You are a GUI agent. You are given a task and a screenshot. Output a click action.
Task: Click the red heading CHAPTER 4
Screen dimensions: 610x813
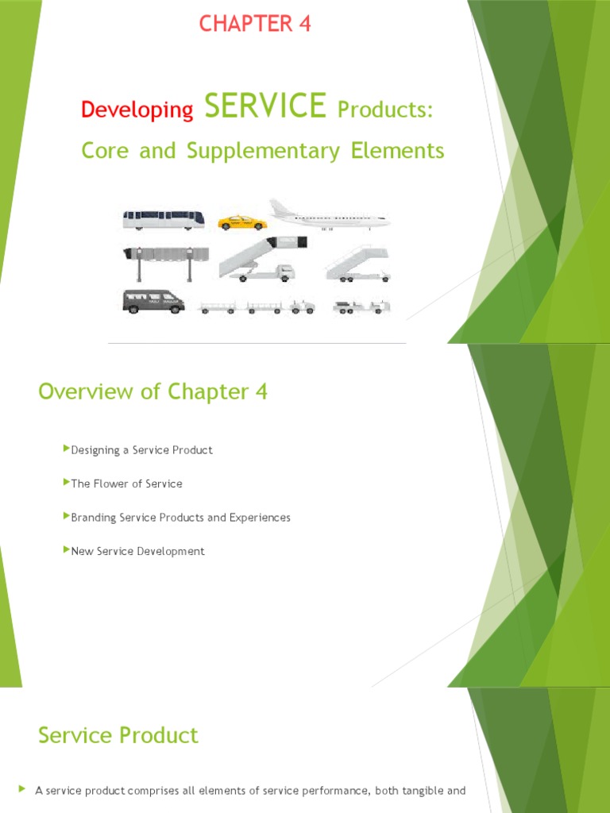click(255, 25)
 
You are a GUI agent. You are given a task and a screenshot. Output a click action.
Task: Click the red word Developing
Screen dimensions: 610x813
click(137, 110)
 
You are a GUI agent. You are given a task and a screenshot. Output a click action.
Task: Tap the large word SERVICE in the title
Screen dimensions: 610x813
click(265, 106)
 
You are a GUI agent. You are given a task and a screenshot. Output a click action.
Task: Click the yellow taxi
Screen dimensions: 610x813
click(242, 223)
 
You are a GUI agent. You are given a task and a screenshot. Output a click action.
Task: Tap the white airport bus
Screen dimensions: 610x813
click(163, 220)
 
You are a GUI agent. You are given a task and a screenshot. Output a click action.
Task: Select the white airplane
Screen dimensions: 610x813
click(329, 215)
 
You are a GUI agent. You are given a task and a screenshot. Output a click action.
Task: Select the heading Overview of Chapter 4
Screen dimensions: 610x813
click(153, 391)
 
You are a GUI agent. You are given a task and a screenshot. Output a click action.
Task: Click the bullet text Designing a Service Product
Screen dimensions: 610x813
click(141, 450)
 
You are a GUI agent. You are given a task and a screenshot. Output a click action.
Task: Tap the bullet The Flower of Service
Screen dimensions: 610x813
click(126, 484)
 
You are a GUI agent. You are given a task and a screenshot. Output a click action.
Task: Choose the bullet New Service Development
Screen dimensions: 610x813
click(137, 551)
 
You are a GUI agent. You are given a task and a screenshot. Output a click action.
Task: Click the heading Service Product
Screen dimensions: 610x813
click(118, 735)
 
